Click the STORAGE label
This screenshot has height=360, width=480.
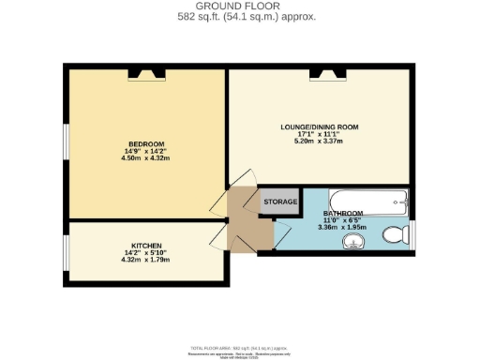280,202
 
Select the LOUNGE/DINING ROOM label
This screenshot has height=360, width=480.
320,127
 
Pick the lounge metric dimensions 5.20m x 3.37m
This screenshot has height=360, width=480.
320,142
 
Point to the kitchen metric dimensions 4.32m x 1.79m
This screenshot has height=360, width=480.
143,257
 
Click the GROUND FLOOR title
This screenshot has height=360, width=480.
239,7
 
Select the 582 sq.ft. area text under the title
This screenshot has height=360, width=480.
239,17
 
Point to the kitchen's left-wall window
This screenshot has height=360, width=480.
66,250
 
